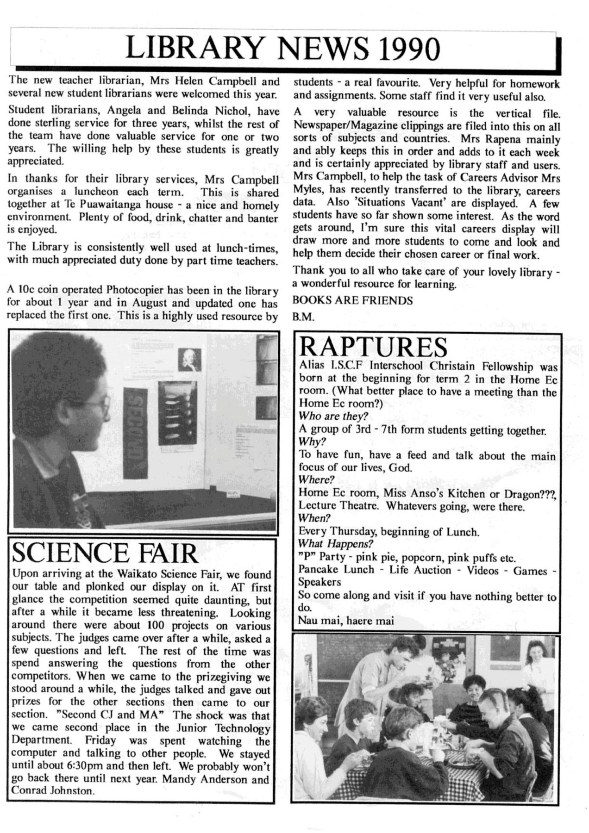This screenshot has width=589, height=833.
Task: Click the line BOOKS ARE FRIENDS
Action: click(x=353, y=301)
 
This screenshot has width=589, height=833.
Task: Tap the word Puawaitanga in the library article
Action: click(x=95, y=205)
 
